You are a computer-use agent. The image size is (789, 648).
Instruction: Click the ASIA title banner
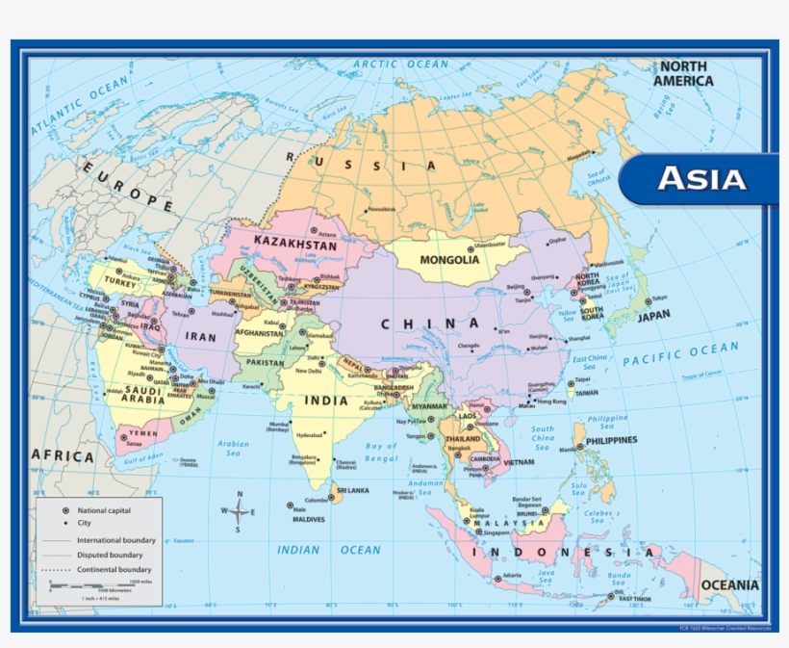[x=700, y=179]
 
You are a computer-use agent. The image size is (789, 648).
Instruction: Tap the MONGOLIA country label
[x=449, y=260]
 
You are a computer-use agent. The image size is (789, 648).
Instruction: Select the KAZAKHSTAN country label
[x=295, y=246]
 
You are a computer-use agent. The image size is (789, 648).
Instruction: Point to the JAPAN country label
[x=654, y=315]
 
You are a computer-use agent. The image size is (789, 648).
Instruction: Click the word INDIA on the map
[x=326, y=400]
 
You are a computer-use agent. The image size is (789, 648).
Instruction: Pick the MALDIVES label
[x=303, y=520]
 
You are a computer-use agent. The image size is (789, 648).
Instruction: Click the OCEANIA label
[x=729, y=585]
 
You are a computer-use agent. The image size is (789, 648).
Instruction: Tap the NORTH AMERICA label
[x=684, y=74]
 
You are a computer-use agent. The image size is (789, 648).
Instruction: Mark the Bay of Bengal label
[x=381, y=452]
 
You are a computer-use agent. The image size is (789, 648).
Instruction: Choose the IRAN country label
[x=201, y=337]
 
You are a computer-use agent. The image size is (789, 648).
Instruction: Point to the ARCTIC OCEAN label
[x=400, y=65]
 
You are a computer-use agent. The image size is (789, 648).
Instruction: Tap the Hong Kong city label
[x=551, y=402]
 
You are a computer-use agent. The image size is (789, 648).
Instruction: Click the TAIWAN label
[x=587, y=393]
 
